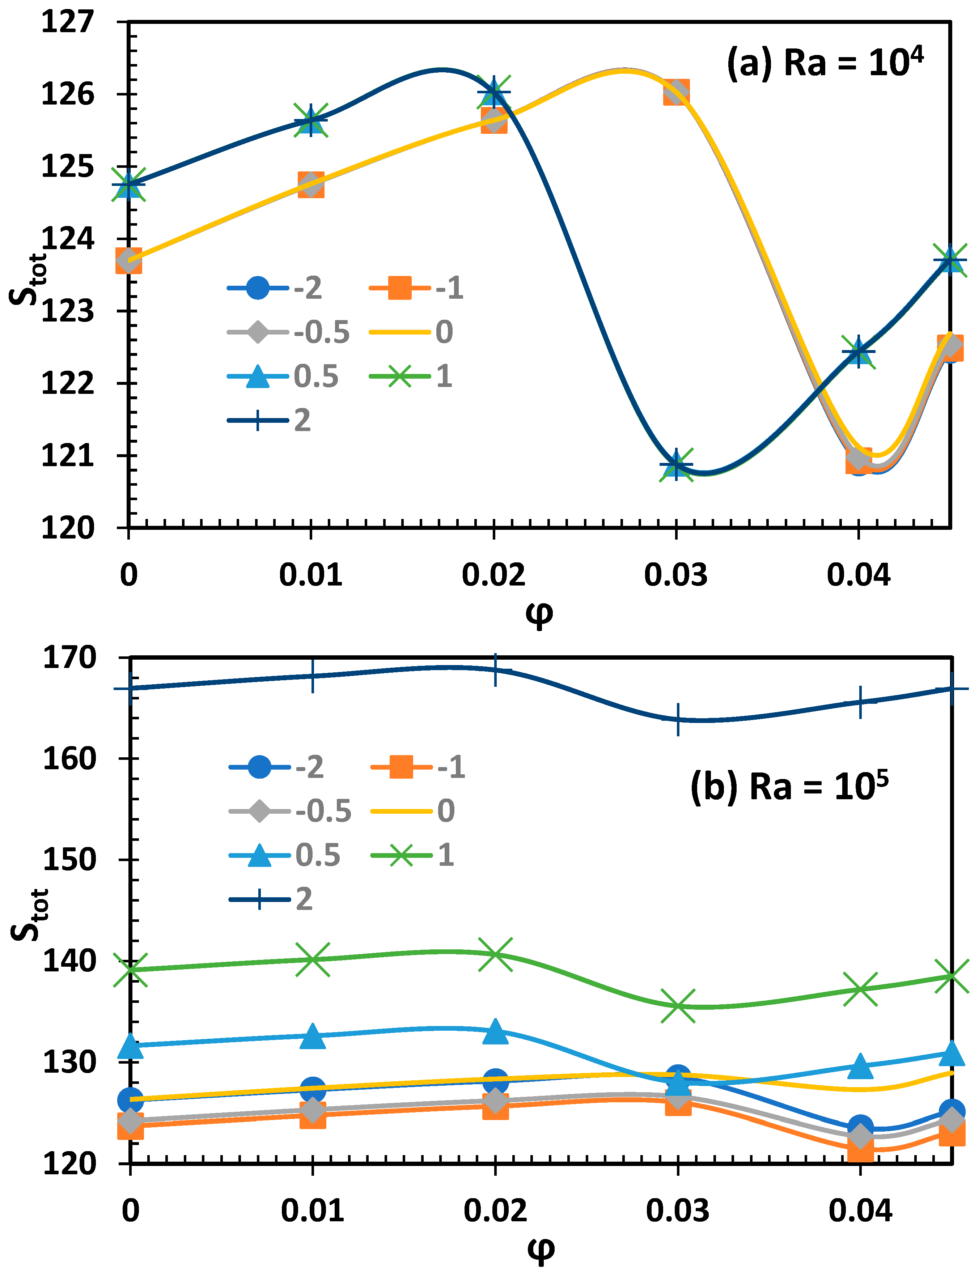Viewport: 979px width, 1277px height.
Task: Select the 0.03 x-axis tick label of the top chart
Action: point(675,575)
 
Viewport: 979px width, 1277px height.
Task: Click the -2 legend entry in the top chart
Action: point(274,288)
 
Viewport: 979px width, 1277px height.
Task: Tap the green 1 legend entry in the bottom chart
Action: point(412,855)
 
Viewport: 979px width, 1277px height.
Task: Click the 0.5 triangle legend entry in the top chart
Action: point(283,376)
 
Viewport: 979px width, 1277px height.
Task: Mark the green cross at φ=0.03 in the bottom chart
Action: point(678,1006)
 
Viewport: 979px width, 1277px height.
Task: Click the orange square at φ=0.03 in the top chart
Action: point(676,92)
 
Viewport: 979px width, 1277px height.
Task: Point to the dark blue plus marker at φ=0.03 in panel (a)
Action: point(676,464)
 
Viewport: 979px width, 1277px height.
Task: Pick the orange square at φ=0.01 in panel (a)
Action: point(311,185)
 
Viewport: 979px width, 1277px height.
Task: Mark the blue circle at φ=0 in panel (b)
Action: point(131,1100)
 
